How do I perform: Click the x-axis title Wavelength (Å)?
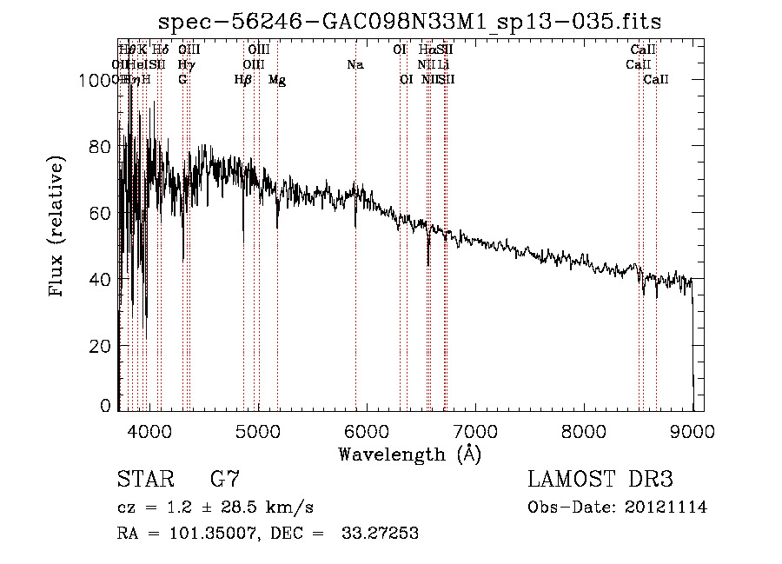point(409,454)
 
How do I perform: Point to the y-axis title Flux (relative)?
point(58,228)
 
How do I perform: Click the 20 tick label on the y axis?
point(102,346)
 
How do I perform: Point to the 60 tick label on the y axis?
point(102,213)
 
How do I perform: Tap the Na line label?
point(355,64)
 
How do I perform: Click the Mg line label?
point(277,80)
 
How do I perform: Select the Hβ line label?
point(242,80)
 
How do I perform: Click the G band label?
point(182,80)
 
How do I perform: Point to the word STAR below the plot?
point(144,480)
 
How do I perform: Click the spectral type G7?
point(224,480)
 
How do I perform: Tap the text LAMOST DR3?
point(600,480)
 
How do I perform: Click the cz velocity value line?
point(215,508)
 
